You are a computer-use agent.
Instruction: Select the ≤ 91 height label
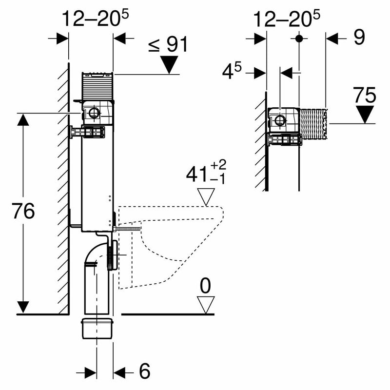click(x=168, y=45)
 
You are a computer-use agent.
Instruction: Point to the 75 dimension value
click(x=365, y=96)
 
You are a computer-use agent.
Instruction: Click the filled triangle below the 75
click(x=365, y=115)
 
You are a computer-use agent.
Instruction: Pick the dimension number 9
click(x=359, y=38)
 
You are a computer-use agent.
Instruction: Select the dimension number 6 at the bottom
click(x=145, y=371)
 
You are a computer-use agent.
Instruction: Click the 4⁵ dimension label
click(x=232, y=73)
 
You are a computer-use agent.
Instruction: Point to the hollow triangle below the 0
click(x=206, y=305)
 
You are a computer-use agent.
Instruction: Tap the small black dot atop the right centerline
click(x=299, y=38)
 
